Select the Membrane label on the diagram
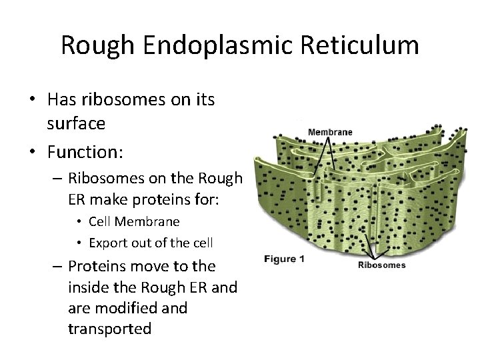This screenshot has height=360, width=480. click(x=330, y=132)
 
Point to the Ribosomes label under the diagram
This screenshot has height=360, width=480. click(x=381, y=265)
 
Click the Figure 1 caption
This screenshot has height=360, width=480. click(x=285, y=259)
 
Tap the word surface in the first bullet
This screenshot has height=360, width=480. click(x=77, y=125)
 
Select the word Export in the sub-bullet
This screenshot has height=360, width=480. click(x=106, y=241)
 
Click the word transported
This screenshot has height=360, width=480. click(x=109, y=329)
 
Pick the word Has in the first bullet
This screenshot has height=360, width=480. click(x=63, y=100)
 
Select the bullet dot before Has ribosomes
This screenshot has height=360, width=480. click(x=32, y=101)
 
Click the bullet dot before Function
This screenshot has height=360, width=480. click(x=32, y=153)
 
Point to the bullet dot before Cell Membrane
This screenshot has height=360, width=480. click(x=79, y=221)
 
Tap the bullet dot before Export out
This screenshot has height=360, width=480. click(x=79, y=241)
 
